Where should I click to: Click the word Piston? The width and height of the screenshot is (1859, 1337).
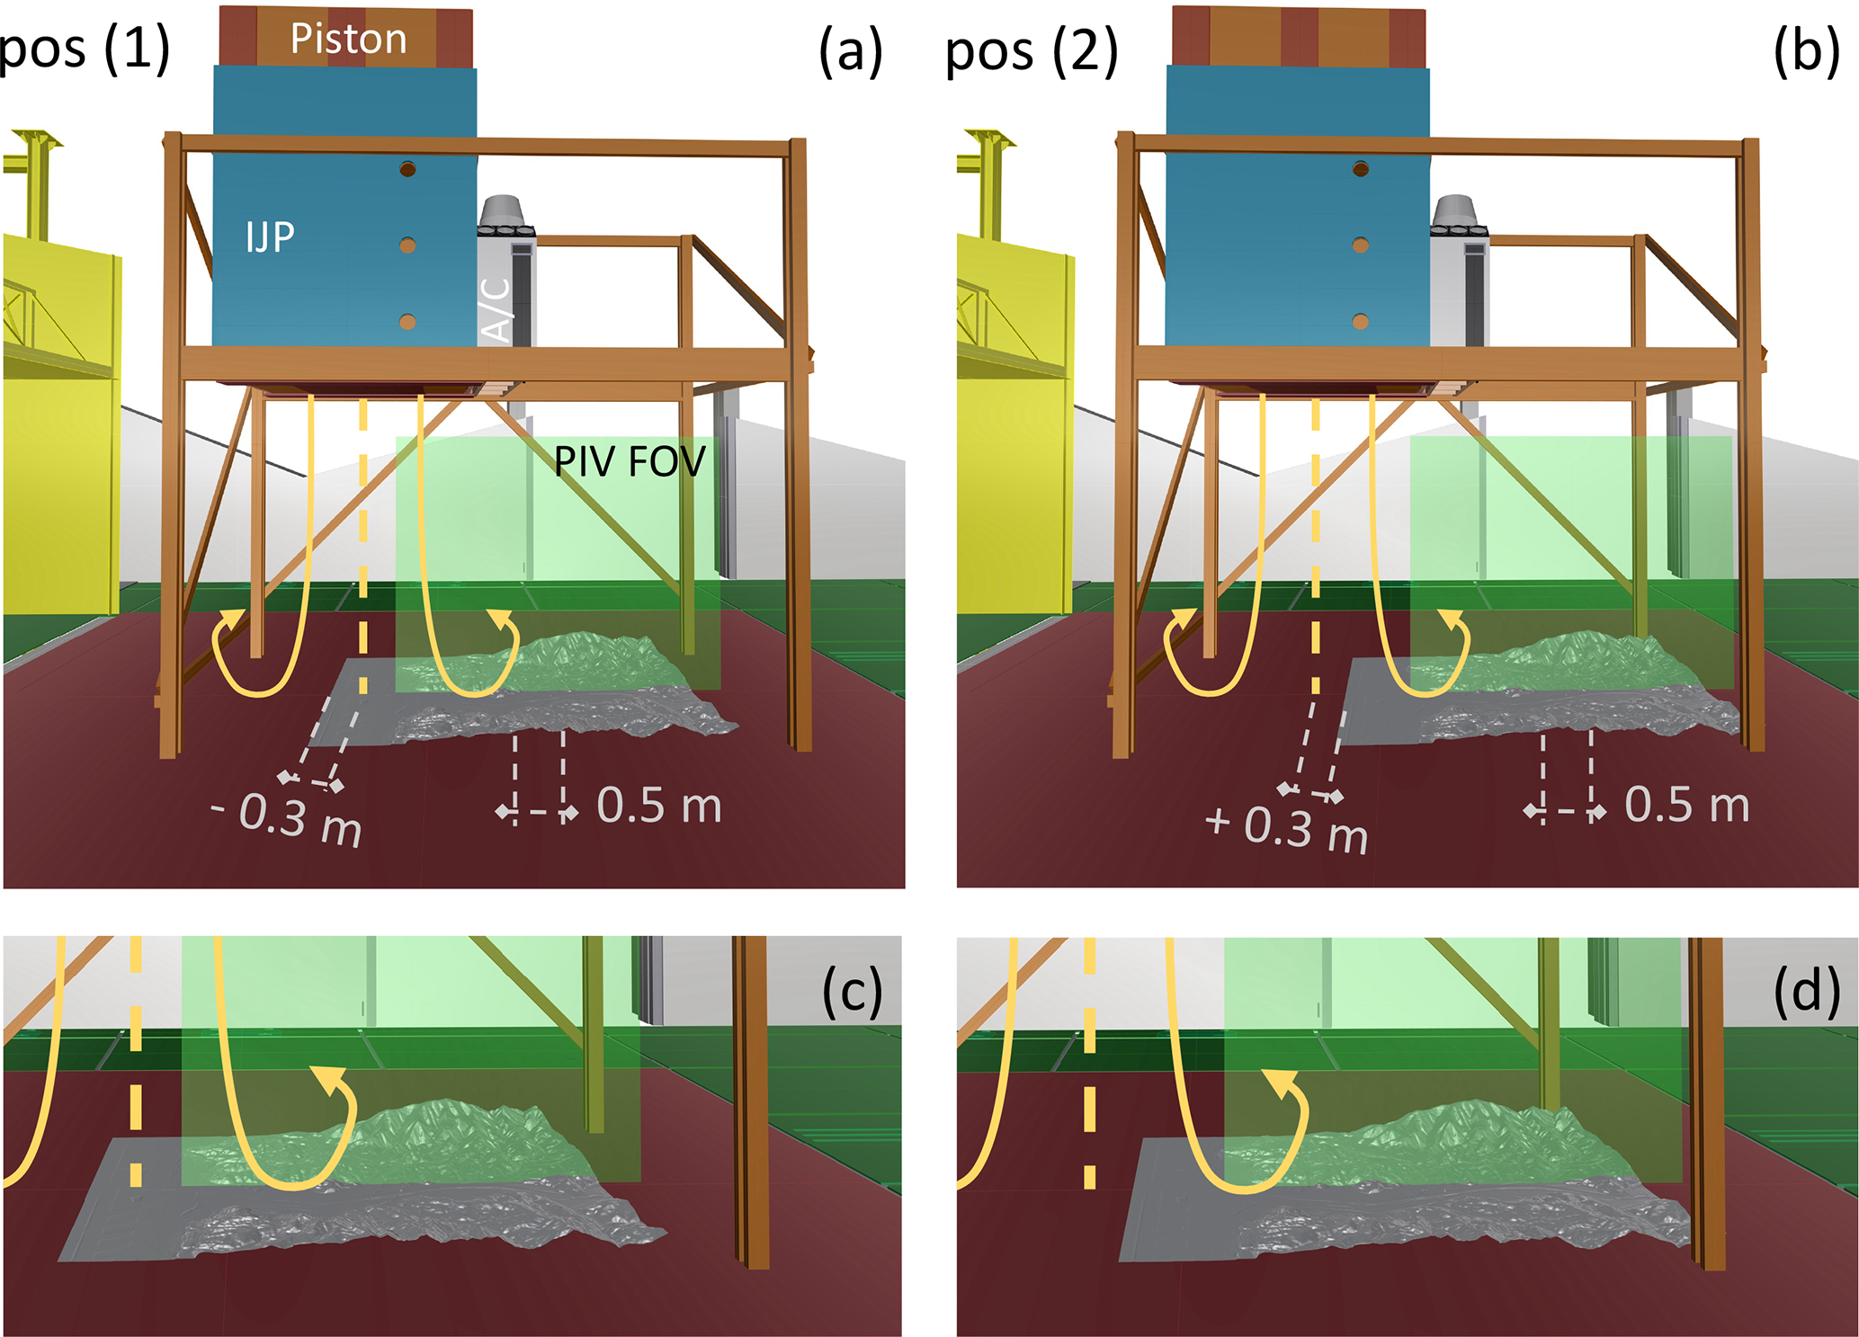(x=348, y=40)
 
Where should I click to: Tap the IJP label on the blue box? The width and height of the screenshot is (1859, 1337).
(x=270, y=236)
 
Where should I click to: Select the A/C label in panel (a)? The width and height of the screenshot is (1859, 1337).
(x=497, y=309)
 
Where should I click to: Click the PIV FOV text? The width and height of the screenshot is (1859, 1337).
(x=630, y=461)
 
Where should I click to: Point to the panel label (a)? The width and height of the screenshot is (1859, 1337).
(x=850, y=51)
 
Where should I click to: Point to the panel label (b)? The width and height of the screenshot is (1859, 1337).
(x=1805, y=51)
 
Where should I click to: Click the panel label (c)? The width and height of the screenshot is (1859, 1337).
(x=852, y=992)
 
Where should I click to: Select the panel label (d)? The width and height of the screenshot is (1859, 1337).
(x=1805, y=992)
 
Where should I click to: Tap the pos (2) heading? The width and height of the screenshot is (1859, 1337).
(x=1032, y=51)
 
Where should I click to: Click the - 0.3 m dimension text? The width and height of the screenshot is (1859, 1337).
(x=288, y=819)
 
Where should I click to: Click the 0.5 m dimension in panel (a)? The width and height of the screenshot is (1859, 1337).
(x=659, y=806)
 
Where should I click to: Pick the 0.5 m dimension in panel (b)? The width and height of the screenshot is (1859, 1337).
(x=1687, y=806)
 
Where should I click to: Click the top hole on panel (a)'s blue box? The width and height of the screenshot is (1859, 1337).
(x=407, y=169)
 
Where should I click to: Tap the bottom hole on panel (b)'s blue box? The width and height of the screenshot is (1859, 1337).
(x=1360, y=321)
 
